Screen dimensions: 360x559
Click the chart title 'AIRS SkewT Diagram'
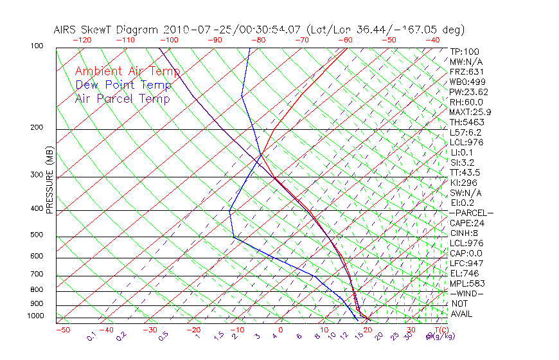107,30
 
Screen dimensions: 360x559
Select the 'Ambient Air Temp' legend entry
127,72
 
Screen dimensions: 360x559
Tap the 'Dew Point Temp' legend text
123,85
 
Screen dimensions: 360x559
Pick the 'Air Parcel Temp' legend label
122,99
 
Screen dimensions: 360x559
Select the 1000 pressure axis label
36,316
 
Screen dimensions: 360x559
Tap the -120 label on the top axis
82,40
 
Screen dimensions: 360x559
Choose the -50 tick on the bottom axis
62,330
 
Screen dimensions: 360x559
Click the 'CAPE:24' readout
467,223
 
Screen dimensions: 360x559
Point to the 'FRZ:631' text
465,72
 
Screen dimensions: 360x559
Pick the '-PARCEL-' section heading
471,213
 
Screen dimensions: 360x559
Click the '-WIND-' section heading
467,293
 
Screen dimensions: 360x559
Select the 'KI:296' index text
463,183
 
